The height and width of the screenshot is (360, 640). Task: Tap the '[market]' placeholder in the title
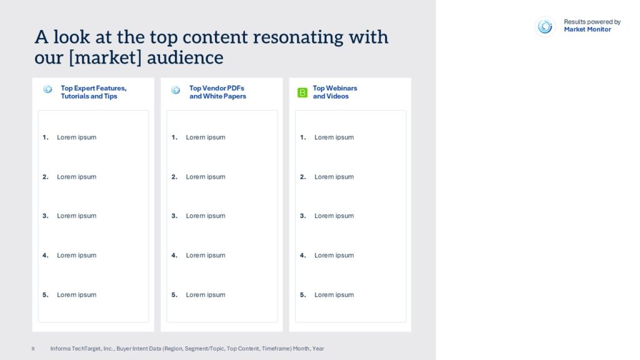pos(105,57)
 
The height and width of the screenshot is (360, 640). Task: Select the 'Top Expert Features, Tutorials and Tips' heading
pos(94,92)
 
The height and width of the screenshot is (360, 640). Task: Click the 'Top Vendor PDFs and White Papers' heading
pos(217,92)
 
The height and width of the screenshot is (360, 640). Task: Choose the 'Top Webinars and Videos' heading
pos(335,92)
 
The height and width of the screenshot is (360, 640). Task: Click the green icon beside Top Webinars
pos(302,92)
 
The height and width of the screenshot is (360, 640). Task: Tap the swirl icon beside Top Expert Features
pos(47,89)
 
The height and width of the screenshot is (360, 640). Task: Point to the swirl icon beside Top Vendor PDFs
pos(176,90)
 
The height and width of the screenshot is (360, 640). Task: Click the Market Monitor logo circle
pos(545,26)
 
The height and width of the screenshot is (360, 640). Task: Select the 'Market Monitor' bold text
pos(587,29)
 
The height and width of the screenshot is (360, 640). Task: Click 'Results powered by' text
pos(592,22)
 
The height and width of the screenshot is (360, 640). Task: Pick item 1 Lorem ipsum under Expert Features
pos(77,137)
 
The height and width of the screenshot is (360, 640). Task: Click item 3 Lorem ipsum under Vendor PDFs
pos(205,216)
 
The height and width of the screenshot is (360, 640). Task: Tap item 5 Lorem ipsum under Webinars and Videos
pos(334,295)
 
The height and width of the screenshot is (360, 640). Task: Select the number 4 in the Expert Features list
pos(45,255)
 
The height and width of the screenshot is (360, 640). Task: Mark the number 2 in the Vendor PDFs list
pos(174,177)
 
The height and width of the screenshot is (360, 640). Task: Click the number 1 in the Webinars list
pos(302,137)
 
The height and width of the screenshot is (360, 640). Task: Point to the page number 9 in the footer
pos(33,349)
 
